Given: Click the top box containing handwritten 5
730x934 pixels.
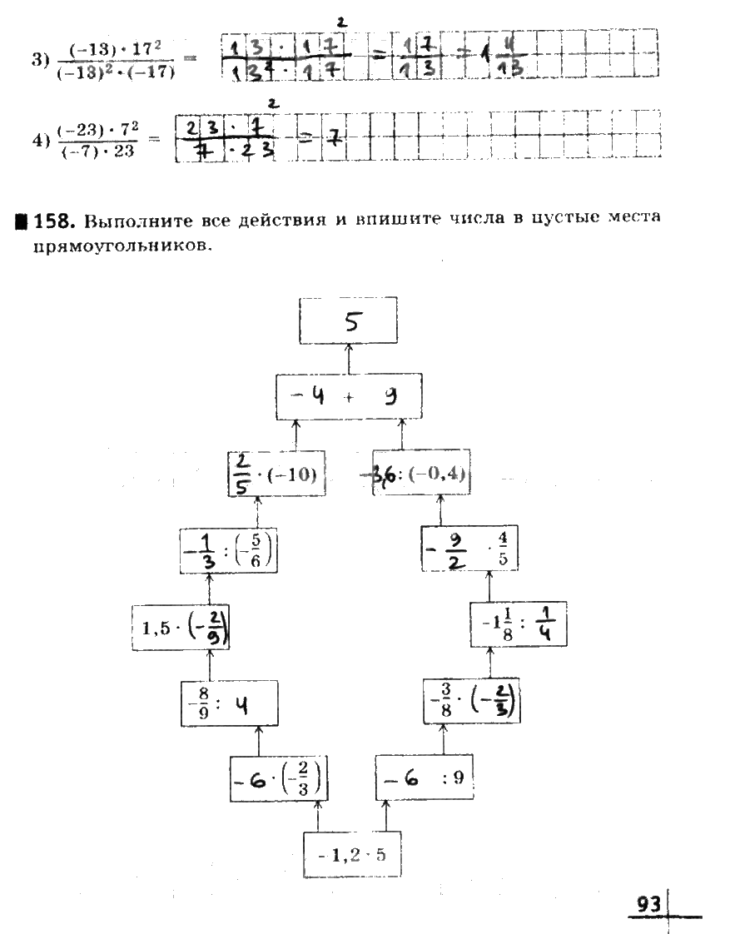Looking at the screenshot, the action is [x=348, y=320].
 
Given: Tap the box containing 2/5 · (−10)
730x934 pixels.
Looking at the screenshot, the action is [x=276, y=474].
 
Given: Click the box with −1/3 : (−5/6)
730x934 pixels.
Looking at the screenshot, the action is [x=229, y=550].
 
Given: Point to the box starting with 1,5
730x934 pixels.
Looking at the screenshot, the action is [x=181, y=628].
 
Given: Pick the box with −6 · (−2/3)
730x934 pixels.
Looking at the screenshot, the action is [x=278, y=779].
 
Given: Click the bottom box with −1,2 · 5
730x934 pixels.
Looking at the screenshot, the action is [x=352, y=853].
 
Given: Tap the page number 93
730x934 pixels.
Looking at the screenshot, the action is [x=648, y=904].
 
